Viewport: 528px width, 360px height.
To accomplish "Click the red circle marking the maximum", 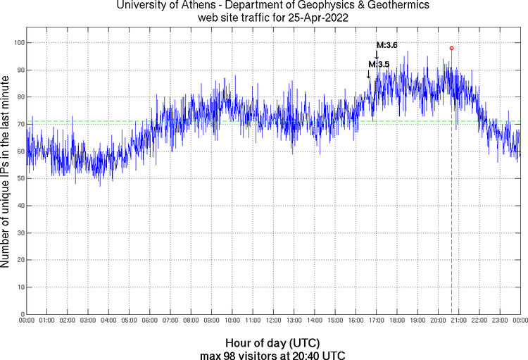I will coord(451,48).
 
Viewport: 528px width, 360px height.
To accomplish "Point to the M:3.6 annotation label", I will coord(386,45).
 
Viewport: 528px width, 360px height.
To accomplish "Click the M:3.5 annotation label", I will coord(378,64).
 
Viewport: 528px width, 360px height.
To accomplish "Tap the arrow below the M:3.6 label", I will coord(377,56).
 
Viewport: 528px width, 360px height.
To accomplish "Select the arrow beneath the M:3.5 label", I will coord(369,74).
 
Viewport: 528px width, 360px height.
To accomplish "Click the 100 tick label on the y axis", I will coord(19,43).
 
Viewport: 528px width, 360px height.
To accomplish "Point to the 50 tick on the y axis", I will coord(20,178).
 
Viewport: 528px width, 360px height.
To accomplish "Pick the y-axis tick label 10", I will coord(20,287).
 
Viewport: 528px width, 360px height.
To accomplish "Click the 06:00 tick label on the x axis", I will coord(150,321).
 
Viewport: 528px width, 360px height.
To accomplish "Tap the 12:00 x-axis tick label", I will coord(274,321).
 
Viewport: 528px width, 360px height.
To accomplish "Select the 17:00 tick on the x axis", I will coord(377,321).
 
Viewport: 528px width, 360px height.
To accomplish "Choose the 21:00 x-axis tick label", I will coord(459,321).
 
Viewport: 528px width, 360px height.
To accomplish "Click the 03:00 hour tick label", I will coord(88,321).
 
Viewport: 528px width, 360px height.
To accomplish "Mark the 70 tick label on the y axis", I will coord(20,124).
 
